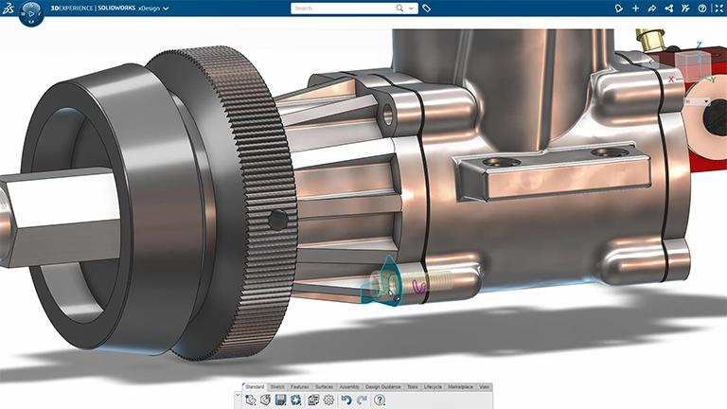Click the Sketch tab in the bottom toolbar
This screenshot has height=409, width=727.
pyautogui.click(x=278, y=387)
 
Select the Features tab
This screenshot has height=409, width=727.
pyautogui.click(x=300, y=387)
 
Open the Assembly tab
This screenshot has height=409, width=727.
pyautogui.click(x=349, y=387)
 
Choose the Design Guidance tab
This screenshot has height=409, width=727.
pyautogui.click(x=383, y=387)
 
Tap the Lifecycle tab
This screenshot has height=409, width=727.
pyautogui.click(x=433, y=387)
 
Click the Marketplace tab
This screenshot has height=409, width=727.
pyautogui.click(x=461, y=387)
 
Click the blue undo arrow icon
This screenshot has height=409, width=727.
pyautogui.click(x=346, y=400)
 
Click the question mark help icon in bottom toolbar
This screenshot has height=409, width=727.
pyautogui.click(x=379, y=400)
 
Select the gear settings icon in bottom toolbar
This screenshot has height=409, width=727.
pyautogui.click(x=328, y=400)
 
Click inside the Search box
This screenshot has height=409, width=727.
pyautogui.click(x=341, y=8)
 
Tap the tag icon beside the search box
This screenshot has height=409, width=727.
pyautogui.click(x=427, y=8)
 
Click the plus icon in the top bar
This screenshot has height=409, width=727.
pyautogui.click(x=635, y=8)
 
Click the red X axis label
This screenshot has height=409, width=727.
pyautogui.click(x=671, y=80)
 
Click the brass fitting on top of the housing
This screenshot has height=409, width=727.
pyautogui.click(x=651, y=39)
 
